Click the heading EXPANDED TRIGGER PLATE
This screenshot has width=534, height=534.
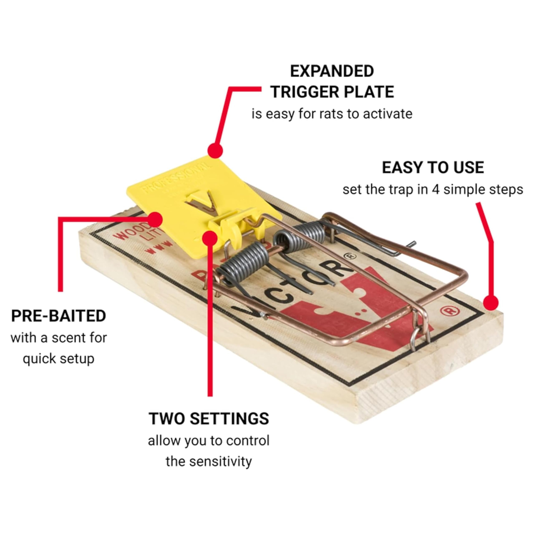click(332, 82)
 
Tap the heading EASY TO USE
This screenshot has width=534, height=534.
click(433, 168)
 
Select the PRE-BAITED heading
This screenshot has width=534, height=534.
click(59, 316)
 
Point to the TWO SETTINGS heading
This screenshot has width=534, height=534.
click(209, 418)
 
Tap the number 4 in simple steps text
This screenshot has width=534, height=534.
click(435, 190)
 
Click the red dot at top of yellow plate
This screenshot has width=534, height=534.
click(215, 151)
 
